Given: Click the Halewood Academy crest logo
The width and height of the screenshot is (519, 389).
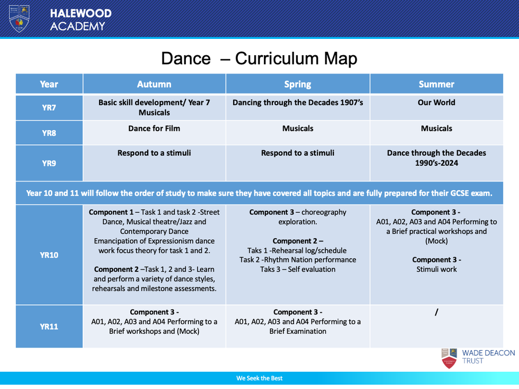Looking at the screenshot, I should pos(19,18).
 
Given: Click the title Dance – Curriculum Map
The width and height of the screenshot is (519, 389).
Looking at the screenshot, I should pos(259,58).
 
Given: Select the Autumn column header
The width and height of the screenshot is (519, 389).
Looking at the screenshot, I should pos(154,84).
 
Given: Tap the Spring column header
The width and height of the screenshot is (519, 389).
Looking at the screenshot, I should pos(297,84).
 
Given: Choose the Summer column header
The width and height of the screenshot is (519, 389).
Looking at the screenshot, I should pos(436,84).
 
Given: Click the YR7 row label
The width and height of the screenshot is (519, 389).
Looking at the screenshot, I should pos(49,108).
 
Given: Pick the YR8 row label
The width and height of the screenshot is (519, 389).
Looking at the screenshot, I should pos(49,132).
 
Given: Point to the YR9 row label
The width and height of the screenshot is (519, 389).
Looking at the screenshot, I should pos(49,163).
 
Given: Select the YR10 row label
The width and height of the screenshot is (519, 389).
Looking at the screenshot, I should pos(49,254).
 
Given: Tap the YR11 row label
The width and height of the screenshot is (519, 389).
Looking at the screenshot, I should pos(49,326).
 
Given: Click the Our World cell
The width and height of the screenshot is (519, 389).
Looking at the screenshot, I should pos(436,103).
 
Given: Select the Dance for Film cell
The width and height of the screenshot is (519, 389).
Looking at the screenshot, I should pos(154,129).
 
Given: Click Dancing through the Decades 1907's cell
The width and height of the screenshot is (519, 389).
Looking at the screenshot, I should pos(297,103).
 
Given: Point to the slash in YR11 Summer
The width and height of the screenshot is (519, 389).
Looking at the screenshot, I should pos(436,312).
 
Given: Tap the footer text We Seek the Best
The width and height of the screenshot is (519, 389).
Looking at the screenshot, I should pos(259,378).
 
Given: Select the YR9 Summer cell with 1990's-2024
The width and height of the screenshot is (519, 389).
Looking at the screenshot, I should pos(436,158).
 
